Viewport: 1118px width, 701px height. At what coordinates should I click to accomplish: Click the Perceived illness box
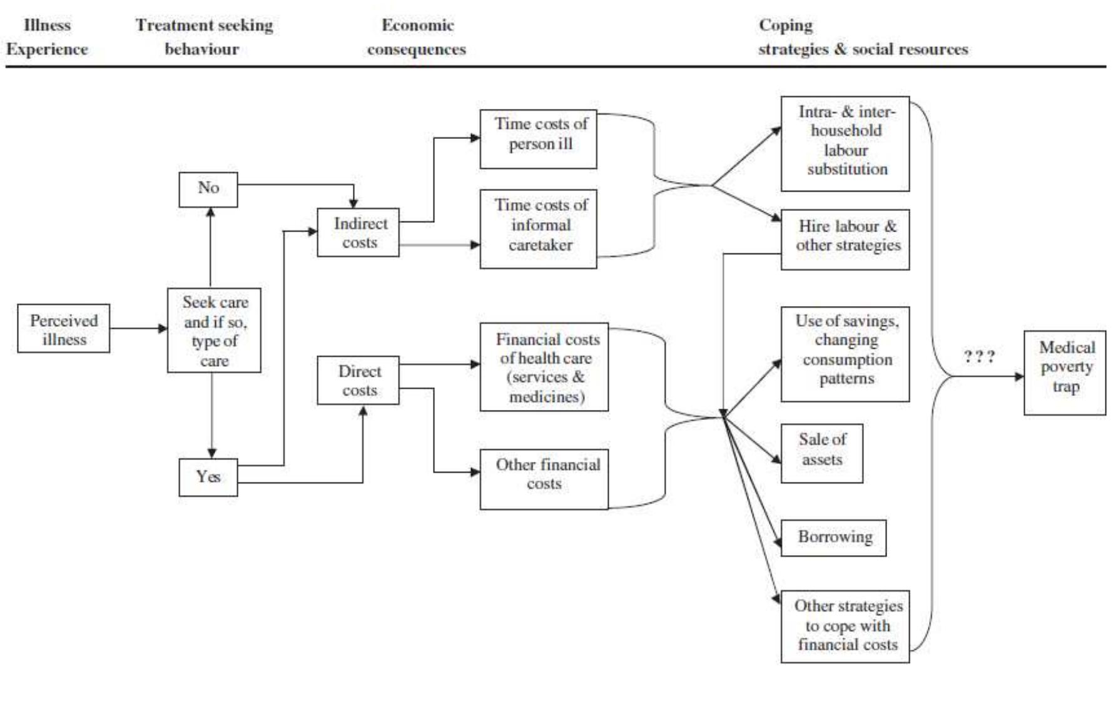(63, 329)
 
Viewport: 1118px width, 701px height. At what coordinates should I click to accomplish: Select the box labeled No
(208, 189)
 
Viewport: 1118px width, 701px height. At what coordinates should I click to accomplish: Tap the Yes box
(208, 477)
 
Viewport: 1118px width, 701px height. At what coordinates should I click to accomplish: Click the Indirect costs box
(358, 232)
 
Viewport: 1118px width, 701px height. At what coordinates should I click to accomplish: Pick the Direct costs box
(358, 380)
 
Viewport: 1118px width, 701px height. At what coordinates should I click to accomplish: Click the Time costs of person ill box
(538, 139)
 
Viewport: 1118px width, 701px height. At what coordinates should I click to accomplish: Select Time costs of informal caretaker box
(538, 228)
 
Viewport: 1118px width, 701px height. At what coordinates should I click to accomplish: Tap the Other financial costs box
(544, 479)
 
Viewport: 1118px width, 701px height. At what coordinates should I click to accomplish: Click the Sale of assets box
(821, 453)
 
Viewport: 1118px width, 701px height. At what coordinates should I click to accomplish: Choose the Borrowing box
(833, 537)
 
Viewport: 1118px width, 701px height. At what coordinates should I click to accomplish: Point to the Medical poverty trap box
(1065, 372)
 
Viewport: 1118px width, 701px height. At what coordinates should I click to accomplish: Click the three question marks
(978, 357)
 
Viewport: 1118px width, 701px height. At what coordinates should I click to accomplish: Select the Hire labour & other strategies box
(845, 239)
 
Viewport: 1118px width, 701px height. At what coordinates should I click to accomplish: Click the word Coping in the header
(785, 25)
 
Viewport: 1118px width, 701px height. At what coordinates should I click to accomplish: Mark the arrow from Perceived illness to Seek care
(138, 328)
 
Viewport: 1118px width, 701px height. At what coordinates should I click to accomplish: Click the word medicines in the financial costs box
(546, 397)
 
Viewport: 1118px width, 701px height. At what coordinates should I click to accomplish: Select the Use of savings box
(845, 354)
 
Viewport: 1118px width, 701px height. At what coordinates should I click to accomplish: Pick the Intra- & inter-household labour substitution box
(845, 143)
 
